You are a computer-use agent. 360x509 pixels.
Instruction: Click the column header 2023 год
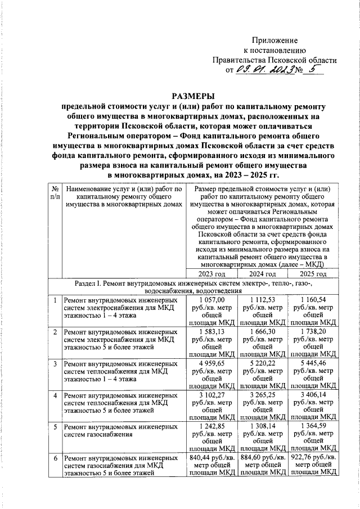coord(210,274)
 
